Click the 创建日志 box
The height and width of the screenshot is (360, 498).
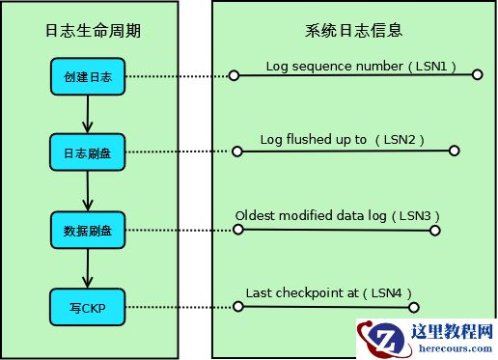pyautogui.click(x=88, y=76)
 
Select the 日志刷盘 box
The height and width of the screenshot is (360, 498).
pyautogui.click(x=88, y=152)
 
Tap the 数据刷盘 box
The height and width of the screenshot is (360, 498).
pyautogui.click(x=88, y=230)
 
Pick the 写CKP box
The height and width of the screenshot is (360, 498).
pyautogui.click(x=88, y=308)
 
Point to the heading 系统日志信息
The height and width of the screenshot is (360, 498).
pyautogui.click(x=353, y=31)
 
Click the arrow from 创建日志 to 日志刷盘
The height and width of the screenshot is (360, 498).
pyautogui.click(x=88, y=114)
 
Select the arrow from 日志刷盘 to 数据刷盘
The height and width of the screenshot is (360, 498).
pyautogui.click(x=88, y=191)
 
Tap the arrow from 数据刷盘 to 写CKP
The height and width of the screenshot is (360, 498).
pyautogui.click(x=88, y=268)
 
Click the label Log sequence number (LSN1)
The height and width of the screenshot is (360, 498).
pyautogui.click(x=360, y=68)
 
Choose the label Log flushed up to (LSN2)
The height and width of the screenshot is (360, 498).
pyautogui.click(x=342, y=140)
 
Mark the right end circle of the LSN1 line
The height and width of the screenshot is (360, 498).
pyautogui.click(x=478, y=74)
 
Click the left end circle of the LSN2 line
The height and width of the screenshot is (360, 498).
pyautogui.click(x=235, y=151)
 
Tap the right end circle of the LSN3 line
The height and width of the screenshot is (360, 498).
pyautogui.click(x=435, y=230)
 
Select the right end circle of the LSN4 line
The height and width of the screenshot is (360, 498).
pyautogui.click(x=414, y=307)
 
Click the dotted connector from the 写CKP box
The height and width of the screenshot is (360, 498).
pyautogui.click(x=179, y=308)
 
